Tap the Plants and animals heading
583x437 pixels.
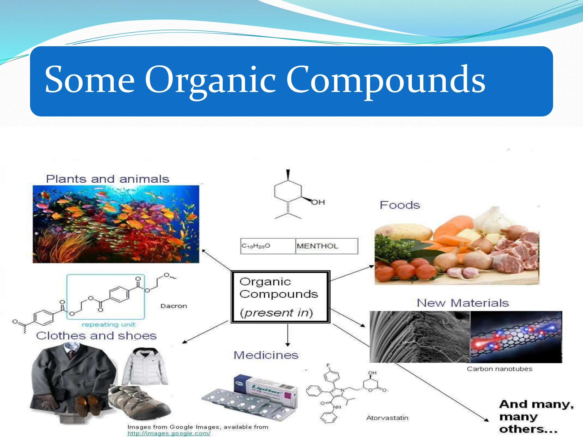tap(108, 179)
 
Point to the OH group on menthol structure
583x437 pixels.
tap(318, 202)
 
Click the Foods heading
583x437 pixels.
tap(400, 205)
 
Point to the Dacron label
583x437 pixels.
tap(174, 306)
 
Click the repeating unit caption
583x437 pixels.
tap(108, 325)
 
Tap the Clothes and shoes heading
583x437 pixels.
tap(96, 336)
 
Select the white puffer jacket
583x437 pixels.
tap(145, 367)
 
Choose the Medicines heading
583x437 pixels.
tap(266, 355)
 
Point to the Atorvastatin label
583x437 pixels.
tap(387, 418)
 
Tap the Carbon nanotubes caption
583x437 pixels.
tap(499, 369)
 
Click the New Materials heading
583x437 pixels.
tap(463, 303)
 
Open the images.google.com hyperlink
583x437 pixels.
tap(169, 433)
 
